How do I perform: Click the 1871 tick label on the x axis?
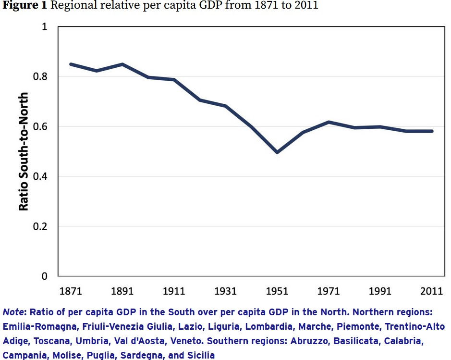point(71,291)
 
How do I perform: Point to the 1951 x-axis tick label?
point(277,291)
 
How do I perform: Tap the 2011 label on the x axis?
point(432,291)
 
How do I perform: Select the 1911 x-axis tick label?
point(174,291)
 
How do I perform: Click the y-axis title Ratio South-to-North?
point(24,151)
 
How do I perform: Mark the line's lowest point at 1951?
point(277,152)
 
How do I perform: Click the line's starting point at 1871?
point(71,64)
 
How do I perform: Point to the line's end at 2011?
point(432,131)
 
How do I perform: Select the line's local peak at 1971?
point(329,122)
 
